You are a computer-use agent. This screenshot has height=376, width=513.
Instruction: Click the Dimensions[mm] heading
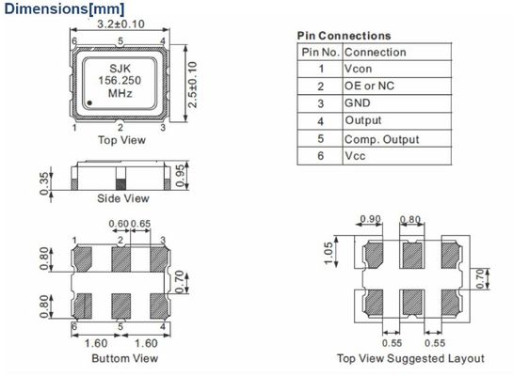click(x=64, y=8)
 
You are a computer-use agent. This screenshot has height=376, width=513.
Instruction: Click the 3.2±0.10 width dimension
click(x=120, y=23)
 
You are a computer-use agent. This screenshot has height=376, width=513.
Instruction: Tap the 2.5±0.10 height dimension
click(x=193, y=85)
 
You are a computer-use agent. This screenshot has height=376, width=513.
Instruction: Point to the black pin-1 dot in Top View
click(x=89, y=102)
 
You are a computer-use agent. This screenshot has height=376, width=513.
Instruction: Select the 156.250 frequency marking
click(x=120, y=80)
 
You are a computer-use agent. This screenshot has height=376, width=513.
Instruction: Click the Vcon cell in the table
click(x=358, y=69)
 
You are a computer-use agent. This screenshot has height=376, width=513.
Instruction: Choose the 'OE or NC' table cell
click(x=369, y=86)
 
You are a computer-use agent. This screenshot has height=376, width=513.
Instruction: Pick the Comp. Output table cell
click(x=381, y=139)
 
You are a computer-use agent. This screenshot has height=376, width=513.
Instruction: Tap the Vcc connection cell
click(x=355, y=156)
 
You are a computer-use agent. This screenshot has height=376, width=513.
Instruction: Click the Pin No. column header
click(x=320, y=52)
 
